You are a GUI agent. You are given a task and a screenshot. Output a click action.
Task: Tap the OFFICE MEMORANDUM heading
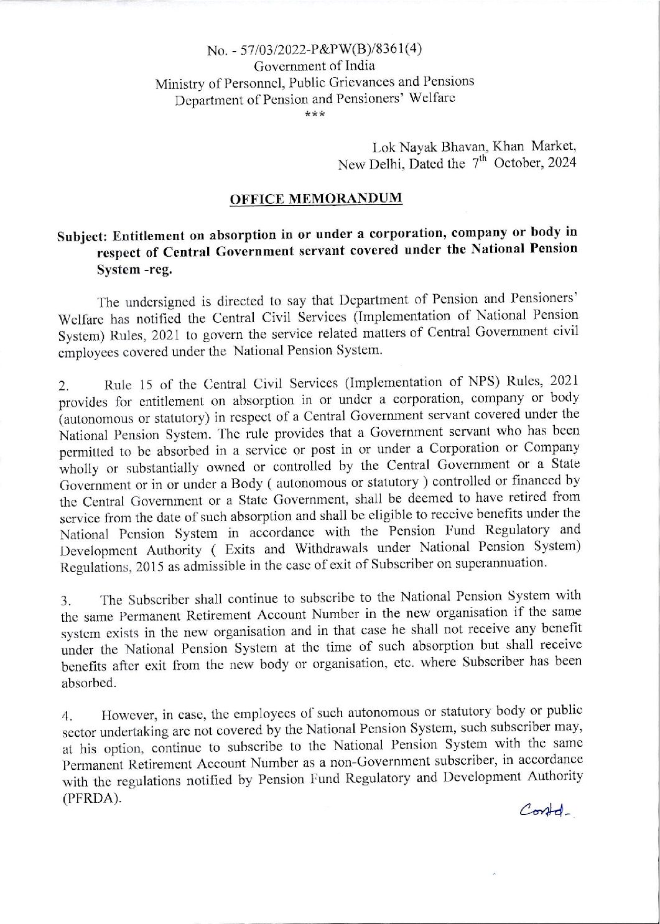[316, 199]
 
